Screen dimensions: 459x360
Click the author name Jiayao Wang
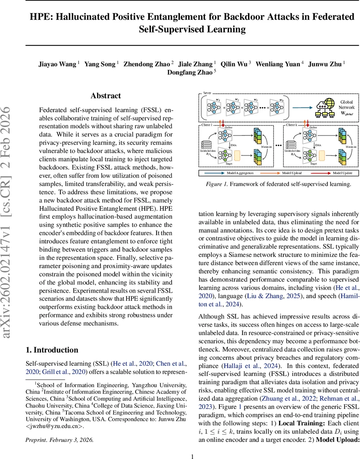57,64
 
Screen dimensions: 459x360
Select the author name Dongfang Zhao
190,73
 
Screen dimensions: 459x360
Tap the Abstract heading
105,96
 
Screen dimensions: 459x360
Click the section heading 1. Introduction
52,350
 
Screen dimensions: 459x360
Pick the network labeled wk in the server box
278,106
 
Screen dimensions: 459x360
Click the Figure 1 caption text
279,184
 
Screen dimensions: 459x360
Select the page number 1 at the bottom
193,456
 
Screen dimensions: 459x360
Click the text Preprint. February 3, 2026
59,440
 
